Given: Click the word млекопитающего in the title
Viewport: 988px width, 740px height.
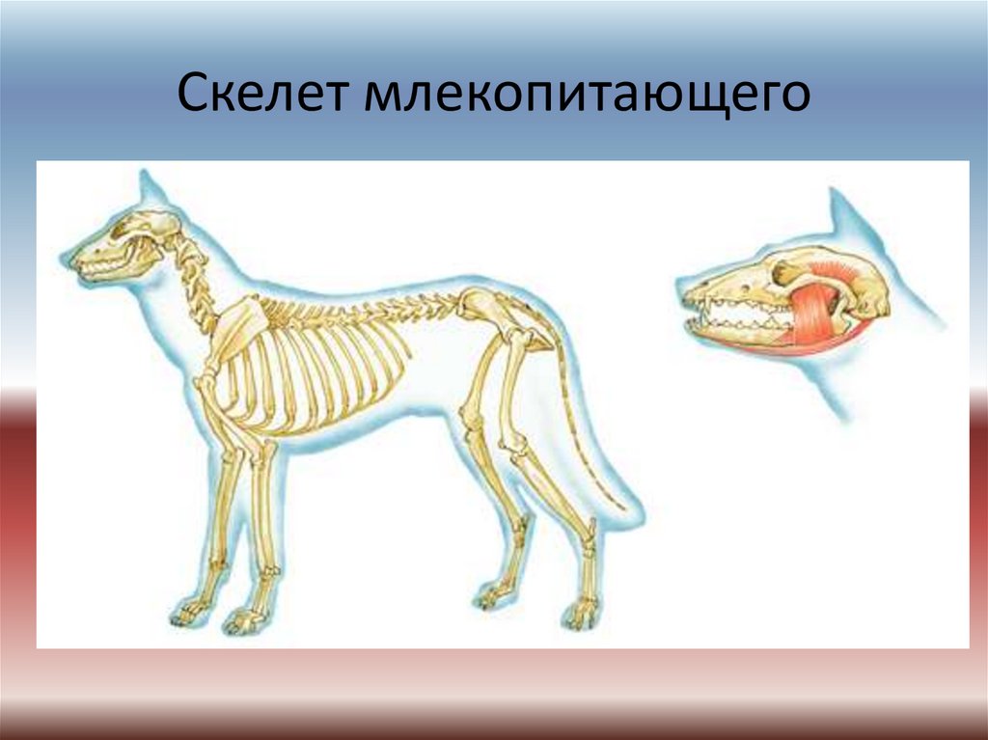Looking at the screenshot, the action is coord(588,95).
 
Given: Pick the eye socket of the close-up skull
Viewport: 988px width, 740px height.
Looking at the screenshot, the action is coord(783,272).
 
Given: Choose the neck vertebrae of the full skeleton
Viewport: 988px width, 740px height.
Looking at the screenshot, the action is coord(194,284).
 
